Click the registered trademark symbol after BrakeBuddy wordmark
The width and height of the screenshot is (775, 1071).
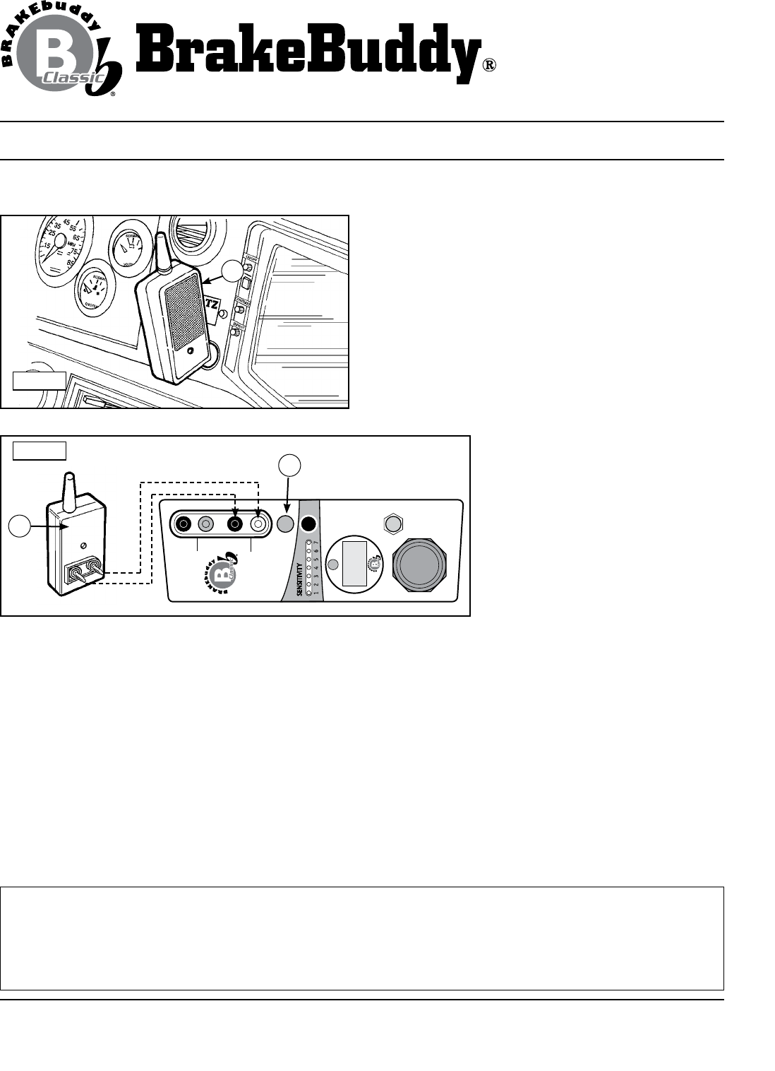coord(489,66)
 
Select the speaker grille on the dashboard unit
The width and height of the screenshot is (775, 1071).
coord(185,312)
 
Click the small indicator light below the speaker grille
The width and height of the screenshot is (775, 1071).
coord(190,351)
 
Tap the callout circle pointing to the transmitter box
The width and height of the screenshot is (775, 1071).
coord(20,528)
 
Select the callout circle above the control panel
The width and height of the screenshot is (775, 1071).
coord(289,465)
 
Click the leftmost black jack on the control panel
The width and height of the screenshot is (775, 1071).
coord(184,524)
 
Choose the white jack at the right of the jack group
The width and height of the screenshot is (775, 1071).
coord(259,524)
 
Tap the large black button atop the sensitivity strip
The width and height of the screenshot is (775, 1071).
coord(309,524)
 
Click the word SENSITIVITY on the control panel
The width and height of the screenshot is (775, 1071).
coord(300,579)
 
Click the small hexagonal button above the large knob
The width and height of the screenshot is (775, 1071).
coord(392,523)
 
